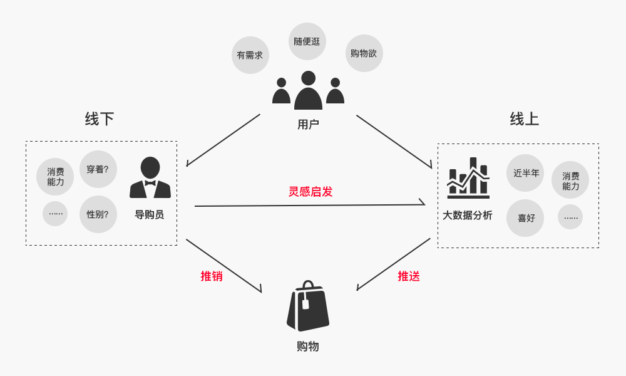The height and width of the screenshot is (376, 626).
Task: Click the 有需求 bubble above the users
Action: point(250,55)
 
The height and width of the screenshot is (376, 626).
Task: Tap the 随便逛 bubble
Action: point(307,41)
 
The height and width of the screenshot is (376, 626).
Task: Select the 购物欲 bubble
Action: point(364,53)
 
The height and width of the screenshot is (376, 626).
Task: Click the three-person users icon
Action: point(308,91)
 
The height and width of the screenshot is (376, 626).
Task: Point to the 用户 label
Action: point(308,125)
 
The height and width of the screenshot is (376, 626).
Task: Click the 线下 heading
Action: point(100,119)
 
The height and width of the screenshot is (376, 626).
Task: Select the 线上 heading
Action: point(525,119)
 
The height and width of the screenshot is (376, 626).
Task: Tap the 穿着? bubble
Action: point(98,169)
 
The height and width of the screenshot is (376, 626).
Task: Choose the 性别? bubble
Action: point(98,214)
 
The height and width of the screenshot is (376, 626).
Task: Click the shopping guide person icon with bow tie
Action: point(150,178)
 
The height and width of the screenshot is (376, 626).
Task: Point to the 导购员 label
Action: point(150,215)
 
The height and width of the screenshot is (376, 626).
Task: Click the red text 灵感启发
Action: point(310,192)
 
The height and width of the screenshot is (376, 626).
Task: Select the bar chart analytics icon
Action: point(468,177)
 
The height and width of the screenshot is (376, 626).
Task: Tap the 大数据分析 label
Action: point(468,216)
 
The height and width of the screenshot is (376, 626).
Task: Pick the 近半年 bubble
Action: point(526,173)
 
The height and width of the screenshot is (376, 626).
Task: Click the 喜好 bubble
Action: point(525,218)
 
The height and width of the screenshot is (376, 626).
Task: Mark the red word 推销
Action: point(212,276)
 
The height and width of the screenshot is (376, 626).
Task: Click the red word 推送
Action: point(409,276)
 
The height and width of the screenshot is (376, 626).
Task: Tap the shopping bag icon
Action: point(307,306)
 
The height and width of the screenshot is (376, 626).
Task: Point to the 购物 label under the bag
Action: point(308,347)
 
